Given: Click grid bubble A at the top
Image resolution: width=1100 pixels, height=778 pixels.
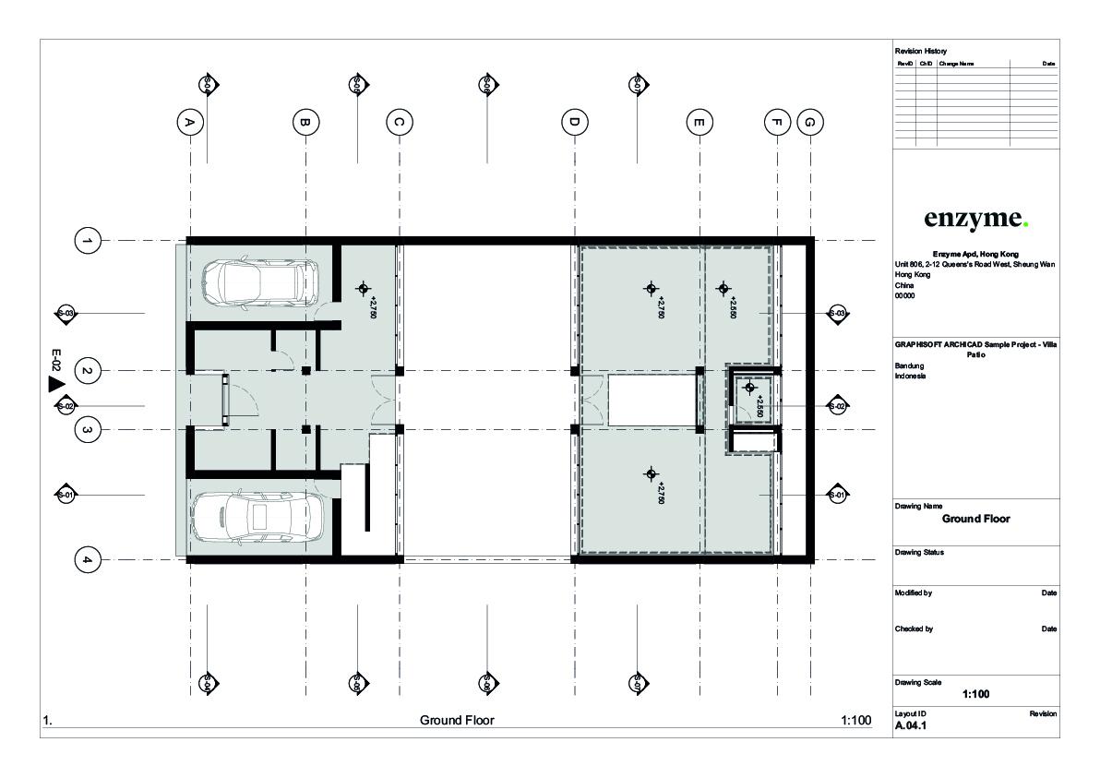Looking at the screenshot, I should [x=190, y=122].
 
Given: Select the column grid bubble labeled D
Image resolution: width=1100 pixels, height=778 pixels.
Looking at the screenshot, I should [x=574, y=122].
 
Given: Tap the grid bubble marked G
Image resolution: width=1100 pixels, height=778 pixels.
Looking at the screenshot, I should [x=810, y=122].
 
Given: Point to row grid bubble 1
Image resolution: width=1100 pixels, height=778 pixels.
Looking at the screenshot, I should [x=87, y=242].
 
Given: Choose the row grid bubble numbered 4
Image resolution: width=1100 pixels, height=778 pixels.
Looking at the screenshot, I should [x=87, y=559].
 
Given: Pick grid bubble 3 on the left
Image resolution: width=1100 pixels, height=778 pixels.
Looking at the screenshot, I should [x=87, y=430].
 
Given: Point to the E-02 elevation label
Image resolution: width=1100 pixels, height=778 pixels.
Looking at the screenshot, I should [x=56, y=360].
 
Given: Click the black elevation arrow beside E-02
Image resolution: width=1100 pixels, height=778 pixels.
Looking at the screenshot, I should [x=55, y=384].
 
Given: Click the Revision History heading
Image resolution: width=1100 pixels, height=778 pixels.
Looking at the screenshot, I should [x=920, y=51].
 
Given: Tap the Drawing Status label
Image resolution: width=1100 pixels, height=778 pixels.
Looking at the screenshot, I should [x=919, y=553].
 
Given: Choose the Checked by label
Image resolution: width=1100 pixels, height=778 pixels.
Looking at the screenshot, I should [x=914, y=629].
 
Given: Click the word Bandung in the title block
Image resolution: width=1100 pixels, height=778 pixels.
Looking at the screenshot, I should [x=909, y=365].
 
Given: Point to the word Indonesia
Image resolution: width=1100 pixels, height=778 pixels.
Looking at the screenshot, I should [x=911, y=377].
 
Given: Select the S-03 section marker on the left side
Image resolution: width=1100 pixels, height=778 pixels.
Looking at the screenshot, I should [x=66, y=314].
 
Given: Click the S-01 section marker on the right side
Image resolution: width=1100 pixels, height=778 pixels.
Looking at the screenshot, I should [x=838, y=496].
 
